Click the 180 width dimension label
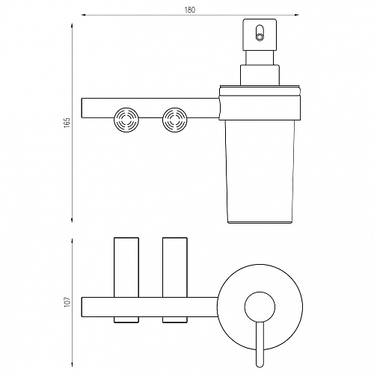pos(190,10)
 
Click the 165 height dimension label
pos(67,123)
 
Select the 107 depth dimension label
pos(67,301)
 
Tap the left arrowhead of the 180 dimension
pos(84,15)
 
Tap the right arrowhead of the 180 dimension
pos(297,15)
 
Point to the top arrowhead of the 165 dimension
pos(72,25)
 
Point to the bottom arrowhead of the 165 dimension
pos(72,220)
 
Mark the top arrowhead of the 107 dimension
pos(72,241)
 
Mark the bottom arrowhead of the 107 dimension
pos(72,365)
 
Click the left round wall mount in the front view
pos(126,120)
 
